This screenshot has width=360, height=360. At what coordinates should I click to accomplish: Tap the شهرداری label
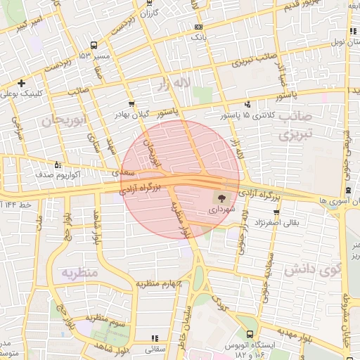(x=223, y=210)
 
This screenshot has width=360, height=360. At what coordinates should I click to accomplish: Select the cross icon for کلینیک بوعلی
(x=22, y=83)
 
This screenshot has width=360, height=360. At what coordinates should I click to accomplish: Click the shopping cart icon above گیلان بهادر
(x=131, y=103)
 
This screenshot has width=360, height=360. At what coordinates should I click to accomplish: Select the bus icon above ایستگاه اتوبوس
(x=251, y=335)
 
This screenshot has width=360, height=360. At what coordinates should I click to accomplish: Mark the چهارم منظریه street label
(x=159, y=284)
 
